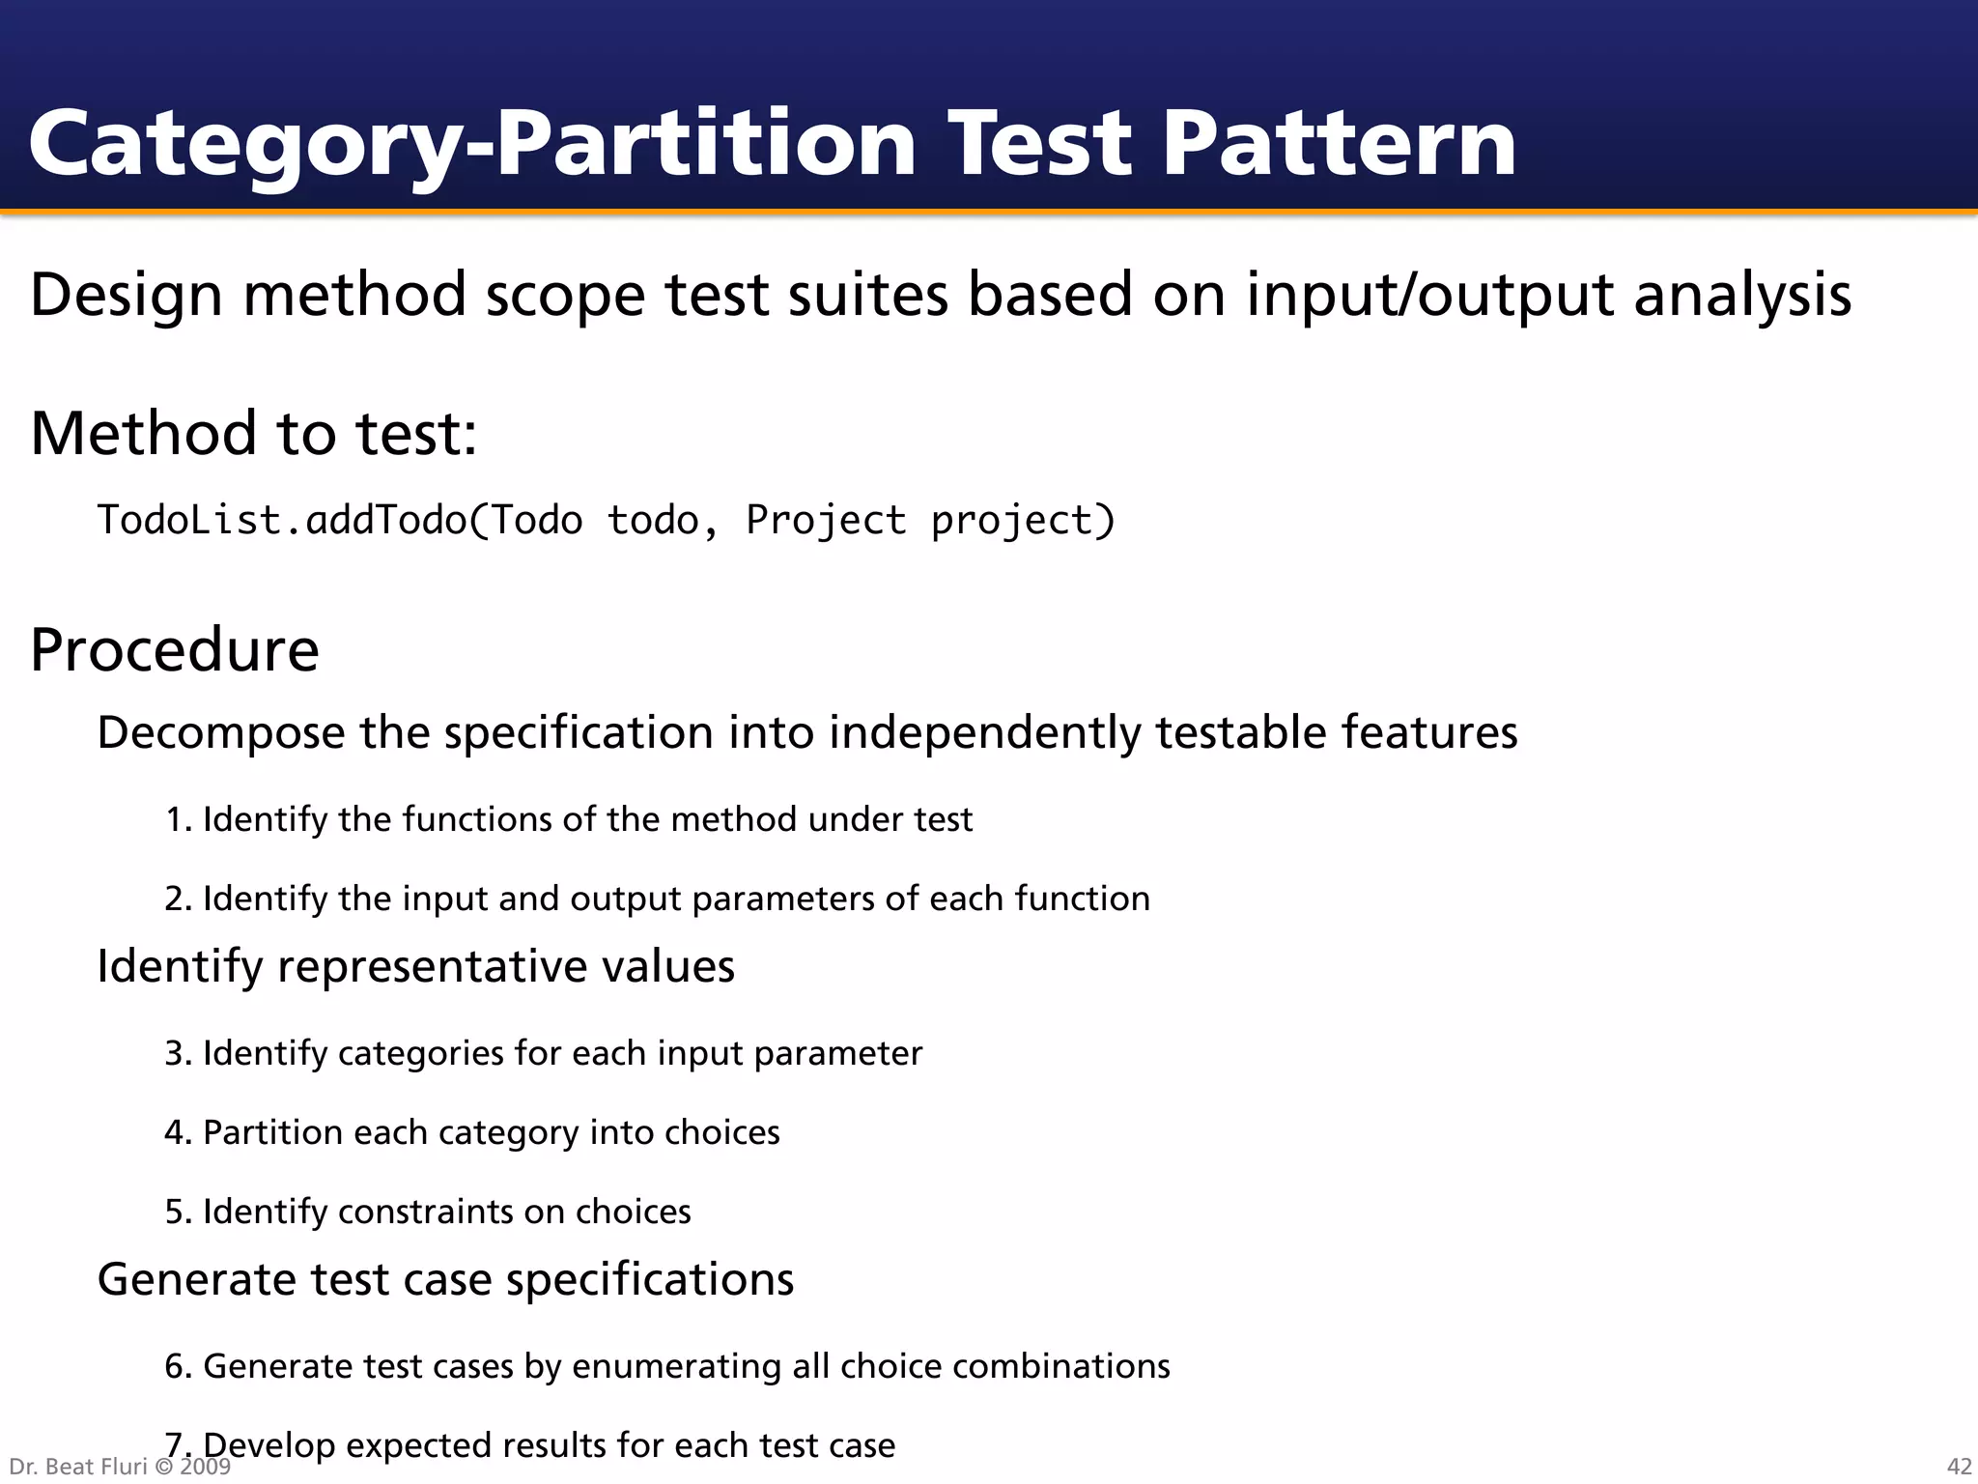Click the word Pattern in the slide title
1338,145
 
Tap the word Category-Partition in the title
471,145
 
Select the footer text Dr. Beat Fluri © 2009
120,1467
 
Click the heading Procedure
175,649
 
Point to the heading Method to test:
253,433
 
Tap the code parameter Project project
929,521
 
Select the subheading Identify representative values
415,966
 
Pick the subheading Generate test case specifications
445,1279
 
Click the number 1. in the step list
179,819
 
